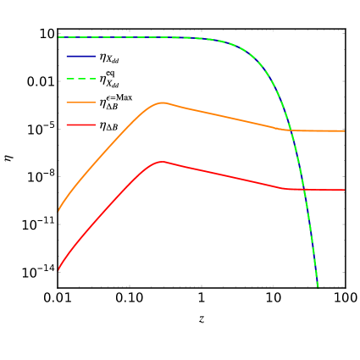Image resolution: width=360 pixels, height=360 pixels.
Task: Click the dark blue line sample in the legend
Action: coord(80,56)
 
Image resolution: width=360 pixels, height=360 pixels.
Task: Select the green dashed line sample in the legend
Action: coord(80,79)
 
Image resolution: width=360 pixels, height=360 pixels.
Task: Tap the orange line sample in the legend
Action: coord(80,102)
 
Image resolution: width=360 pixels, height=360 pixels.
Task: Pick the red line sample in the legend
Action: coord(80,125)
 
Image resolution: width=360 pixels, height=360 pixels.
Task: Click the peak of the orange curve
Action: coord(162,102)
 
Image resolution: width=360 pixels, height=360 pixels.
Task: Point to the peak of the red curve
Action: coord(160,161)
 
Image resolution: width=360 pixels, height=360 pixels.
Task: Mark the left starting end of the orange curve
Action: coord(58,210)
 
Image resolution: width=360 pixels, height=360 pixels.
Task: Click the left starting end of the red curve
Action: coord(58,269)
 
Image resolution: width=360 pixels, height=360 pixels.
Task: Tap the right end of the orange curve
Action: coord(344,130)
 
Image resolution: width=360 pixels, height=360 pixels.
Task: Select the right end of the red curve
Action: coord(344,190)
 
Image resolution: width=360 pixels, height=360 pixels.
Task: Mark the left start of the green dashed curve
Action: coord(58,37)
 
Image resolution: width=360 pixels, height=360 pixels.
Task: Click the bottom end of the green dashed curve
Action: coord(318,286)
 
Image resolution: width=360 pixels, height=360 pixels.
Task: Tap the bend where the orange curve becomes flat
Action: coord(287,130)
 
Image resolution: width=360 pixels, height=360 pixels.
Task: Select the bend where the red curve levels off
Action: coord(289,188)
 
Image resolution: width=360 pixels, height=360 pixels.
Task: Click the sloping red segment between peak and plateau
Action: coord(224,174)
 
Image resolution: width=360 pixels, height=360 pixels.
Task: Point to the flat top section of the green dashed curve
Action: coord(127,37)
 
